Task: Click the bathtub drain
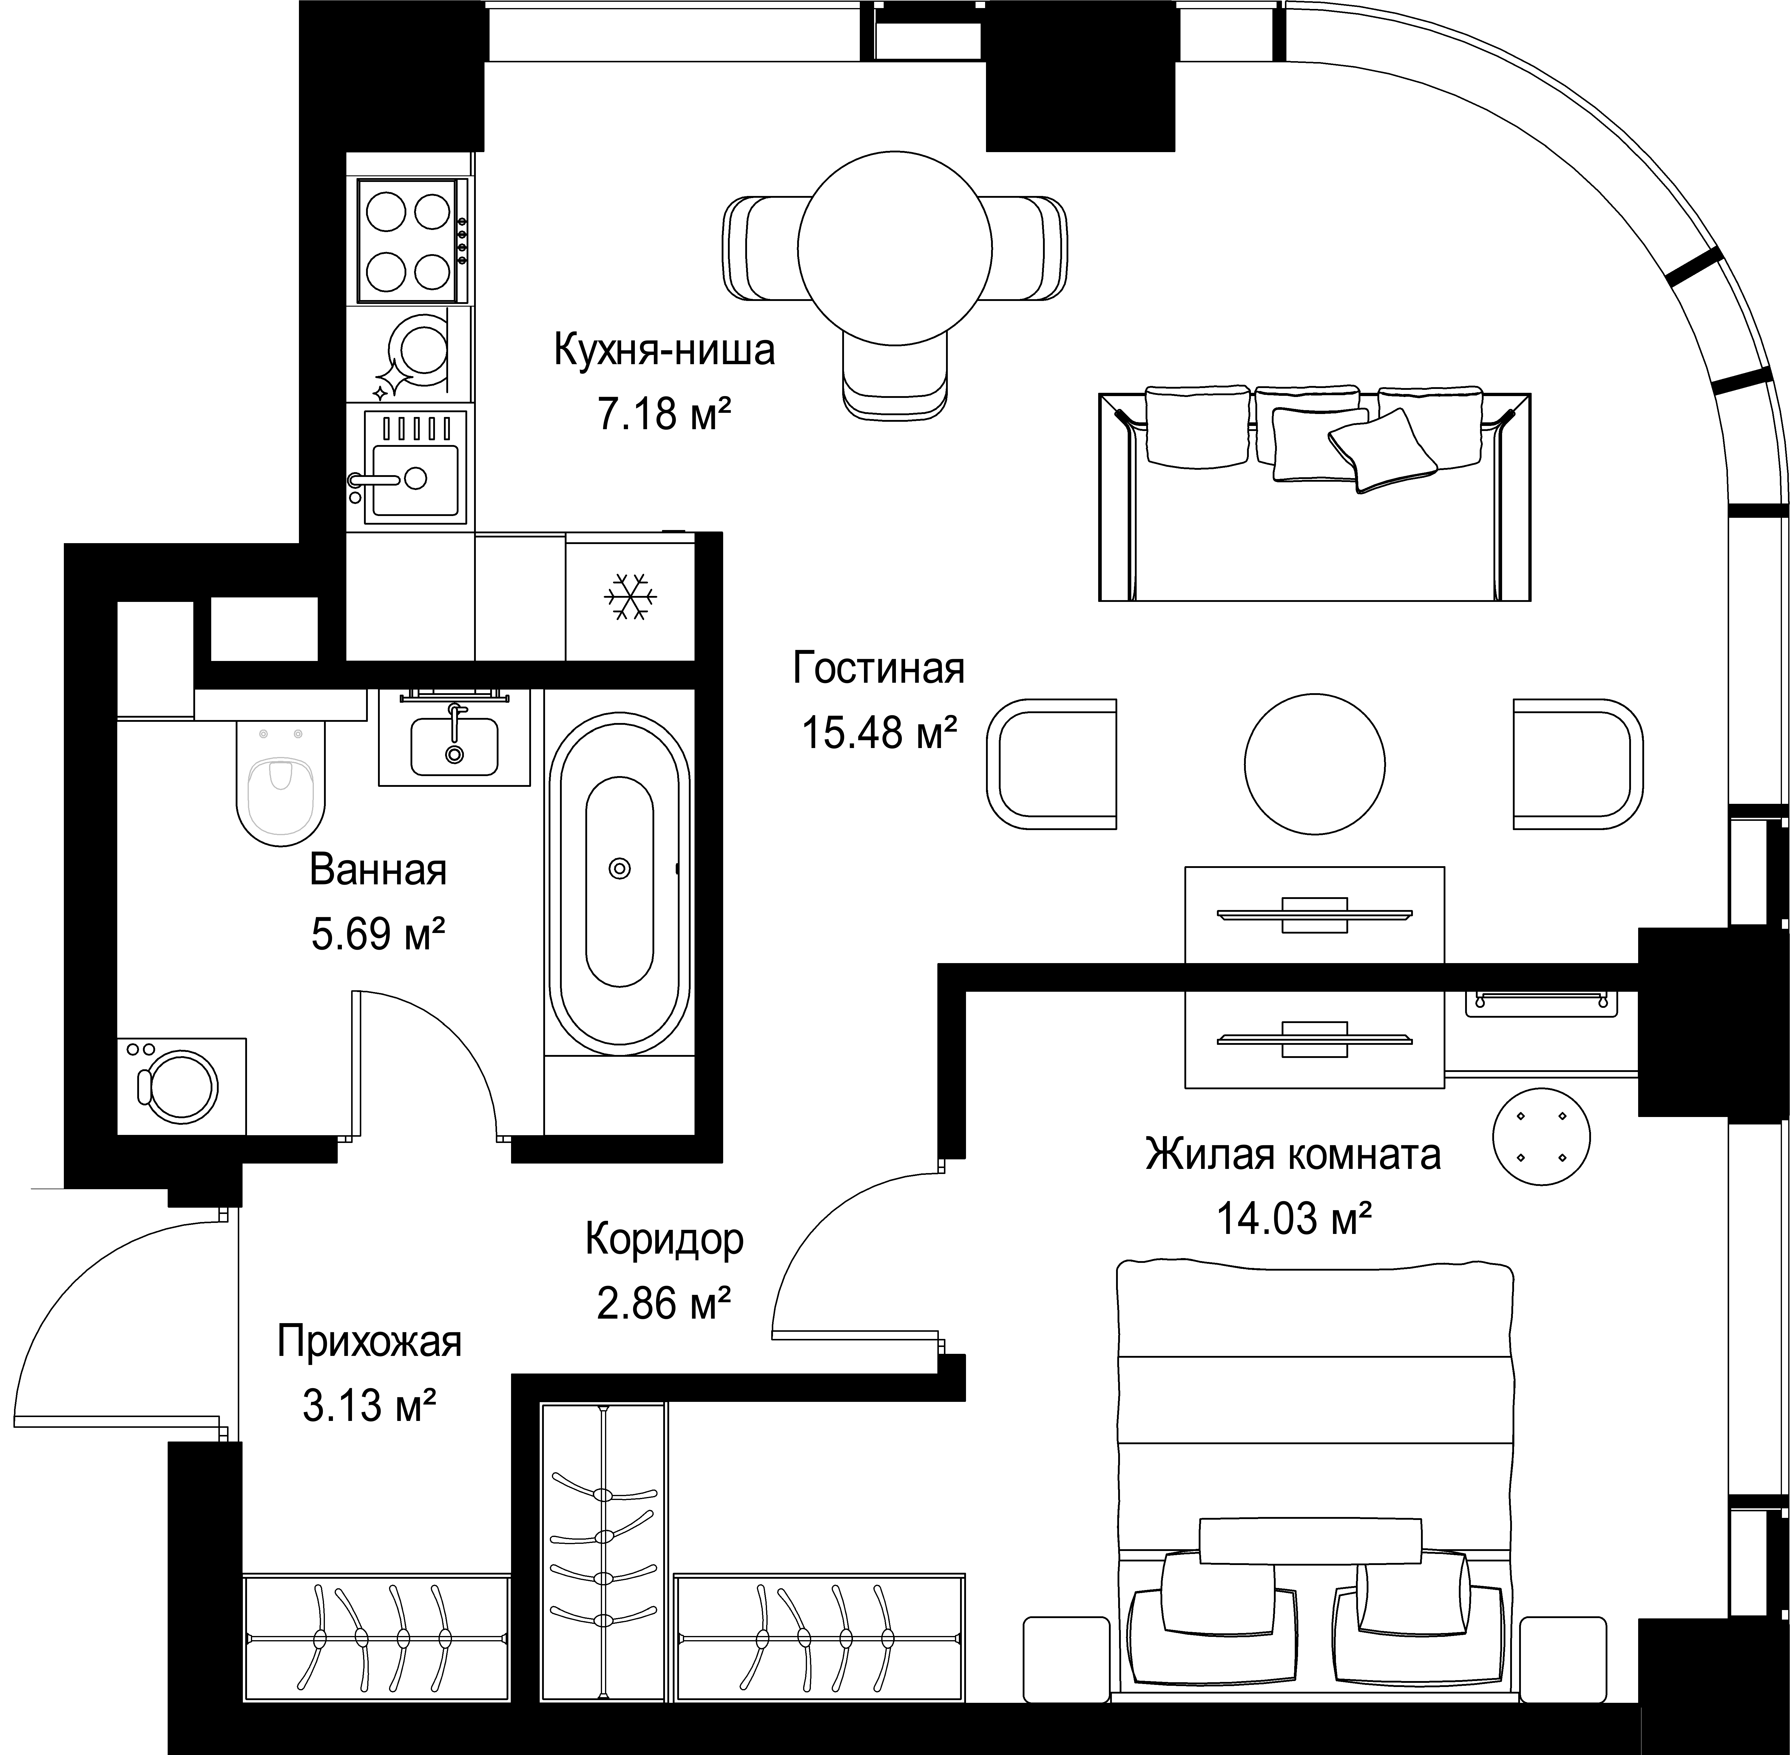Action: click(x=619, y=868)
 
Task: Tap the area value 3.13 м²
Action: click(x=369, y=1407)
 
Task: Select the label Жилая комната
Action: click(x=1293, y=1154)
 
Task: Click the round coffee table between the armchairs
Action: click(x=1314, y=764)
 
